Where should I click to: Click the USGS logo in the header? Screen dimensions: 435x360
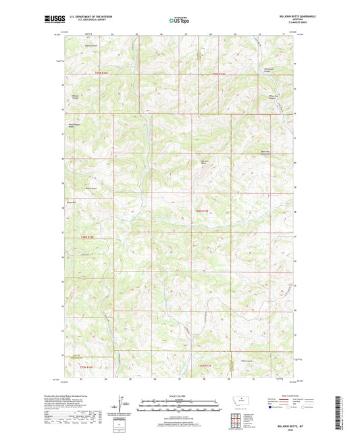(x=49, y=20)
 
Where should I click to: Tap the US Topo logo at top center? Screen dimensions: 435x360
(x=179, y=21)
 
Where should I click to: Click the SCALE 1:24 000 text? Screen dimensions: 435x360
(x=180, y=396)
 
